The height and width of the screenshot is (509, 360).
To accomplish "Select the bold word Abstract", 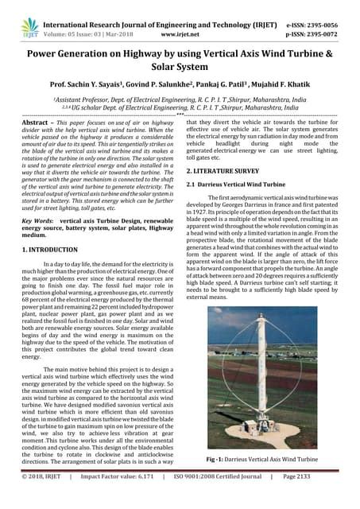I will coord(33,123).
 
